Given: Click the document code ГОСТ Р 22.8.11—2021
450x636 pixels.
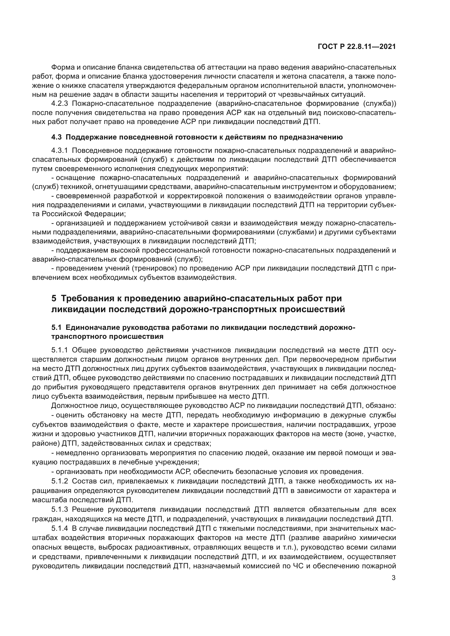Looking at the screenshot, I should pos(356,47).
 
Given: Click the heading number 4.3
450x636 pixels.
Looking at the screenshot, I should pos(57,137).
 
